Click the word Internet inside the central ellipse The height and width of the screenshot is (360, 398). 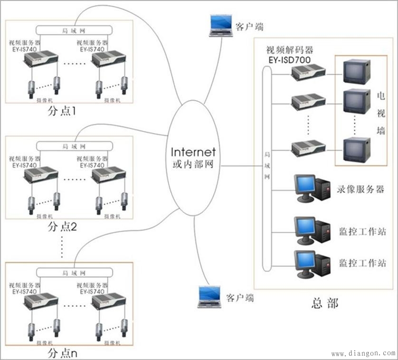point(193,152)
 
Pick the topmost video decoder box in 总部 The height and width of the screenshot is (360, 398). point(308,72)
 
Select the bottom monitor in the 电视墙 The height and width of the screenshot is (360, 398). point(356,149)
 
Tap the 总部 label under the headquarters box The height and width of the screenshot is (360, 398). point(326,303)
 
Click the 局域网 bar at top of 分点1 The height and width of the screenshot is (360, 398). point(74,30)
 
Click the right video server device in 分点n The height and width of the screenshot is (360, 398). point(108,302)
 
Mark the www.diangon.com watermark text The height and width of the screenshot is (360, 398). point(363,353)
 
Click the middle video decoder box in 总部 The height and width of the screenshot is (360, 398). point(308,102)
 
